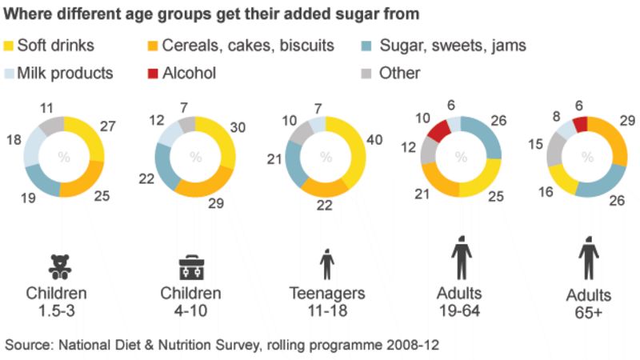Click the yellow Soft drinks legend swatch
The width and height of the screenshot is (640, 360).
[x=11, y=46]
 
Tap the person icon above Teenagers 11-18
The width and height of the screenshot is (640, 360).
[x=326, y=263]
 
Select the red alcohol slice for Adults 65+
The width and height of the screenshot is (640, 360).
[x=580, y=124]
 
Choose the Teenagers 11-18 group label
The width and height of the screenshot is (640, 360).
[x=326, y=301]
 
